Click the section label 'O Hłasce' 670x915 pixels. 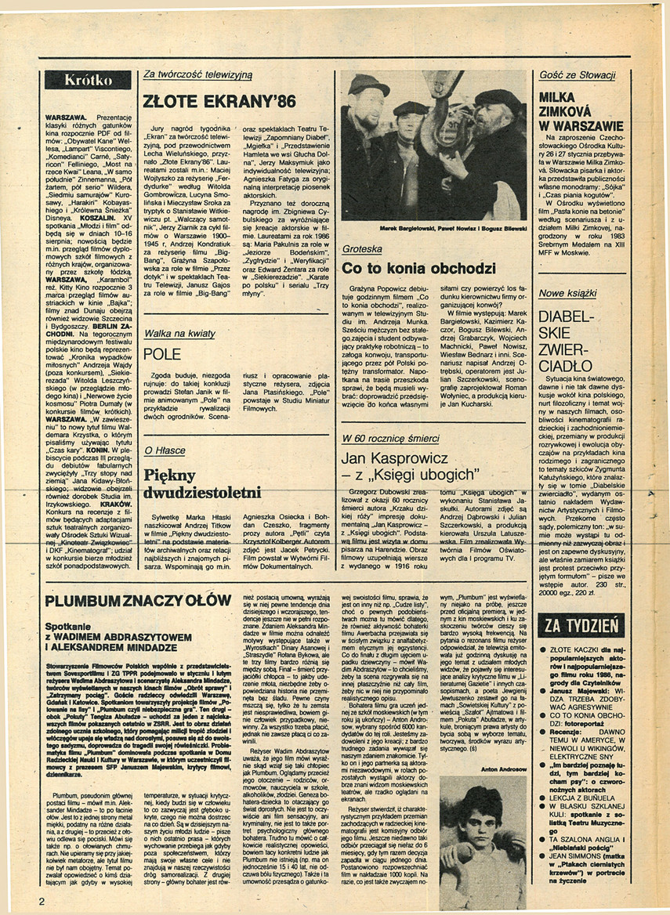click(x=165, y=450)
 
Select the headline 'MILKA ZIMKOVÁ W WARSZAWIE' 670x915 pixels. click(x=580, y=110)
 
